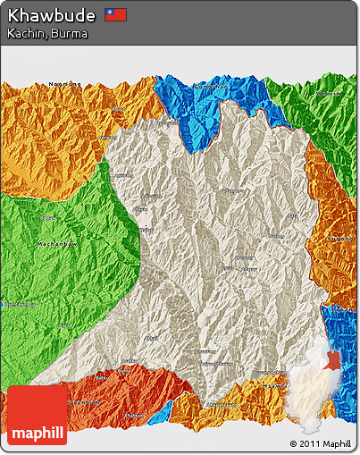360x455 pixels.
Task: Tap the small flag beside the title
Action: pos(116,15)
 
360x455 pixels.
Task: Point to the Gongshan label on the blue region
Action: pos(208,87)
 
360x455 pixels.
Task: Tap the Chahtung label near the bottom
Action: pos(134,415)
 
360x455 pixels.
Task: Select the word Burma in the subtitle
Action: pos(70,33)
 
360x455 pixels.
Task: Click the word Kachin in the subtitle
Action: pos(25,33)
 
